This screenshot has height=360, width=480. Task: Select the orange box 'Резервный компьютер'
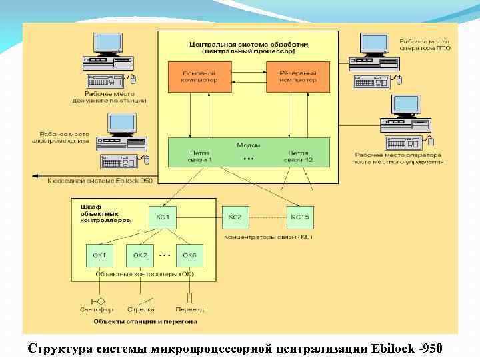291,76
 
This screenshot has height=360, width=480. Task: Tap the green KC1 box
163,218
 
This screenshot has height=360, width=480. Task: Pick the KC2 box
234,218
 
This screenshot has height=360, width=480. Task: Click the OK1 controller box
100,256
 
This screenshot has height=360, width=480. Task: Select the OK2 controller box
140,256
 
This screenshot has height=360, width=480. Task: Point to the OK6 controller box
190,256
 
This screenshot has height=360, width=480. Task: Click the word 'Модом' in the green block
248,145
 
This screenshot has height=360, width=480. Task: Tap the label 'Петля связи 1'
200,157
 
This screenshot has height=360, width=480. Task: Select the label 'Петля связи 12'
298,157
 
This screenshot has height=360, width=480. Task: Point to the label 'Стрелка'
141,309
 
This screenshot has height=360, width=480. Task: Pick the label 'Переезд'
190,309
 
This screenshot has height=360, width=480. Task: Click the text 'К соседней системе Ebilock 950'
100,181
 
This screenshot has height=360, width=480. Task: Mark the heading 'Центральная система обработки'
248,43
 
